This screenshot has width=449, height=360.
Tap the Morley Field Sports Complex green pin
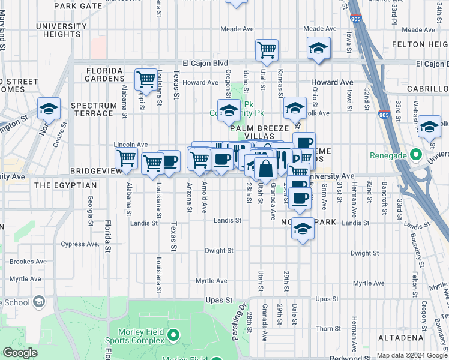174,334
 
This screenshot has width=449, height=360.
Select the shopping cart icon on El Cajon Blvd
267,50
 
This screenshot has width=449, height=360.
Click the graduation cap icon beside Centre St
49,109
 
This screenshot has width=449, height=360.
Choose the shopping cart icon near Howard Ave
146,79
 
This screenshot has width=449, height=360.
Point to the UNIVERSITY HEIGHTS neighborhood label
62,31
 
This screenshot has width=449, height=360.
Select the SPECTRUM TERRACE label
93,110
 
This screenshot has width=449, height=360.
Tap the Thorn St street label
328,328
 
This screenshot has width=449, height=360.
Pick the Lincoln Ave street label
131,145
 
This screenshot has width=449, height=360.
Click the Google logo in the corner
20,353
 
